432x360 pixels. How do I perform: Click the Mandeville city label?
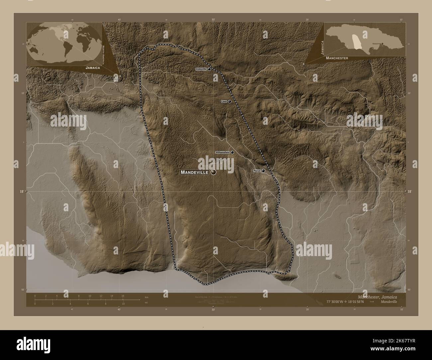pyautogui.click(x=194, y=172)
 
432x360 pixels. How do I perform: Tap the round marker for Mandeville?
pyautogui.click(x=213, y=172)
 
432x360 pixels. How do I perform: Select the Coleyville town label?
pyautogui.click(x=201, y=69)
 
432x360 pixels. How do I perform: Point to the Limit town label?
pyautogui.click(x=224, y=102)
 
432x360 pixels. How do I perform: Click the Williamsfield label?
pyautogui.click(x=222, y=152)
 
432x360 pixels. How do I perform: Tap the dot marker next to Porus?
pyautogui.click(x=264, y=171)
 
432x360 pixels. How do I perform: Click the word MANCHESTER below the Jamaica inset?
pyautogui.click(x=337, y=58)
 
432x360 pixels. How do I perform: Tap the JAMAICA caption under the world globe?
pyautogui.click(x=93, y=67)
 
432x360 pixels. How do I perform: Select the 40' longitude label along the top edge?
pyautogui.click(x=119, y=20)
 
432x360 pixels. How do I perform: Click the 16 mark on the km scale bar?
pyautogui.click(x=123, y=296)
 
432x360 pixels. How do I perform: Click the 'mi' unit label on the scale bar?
pyautogui.click(x=146, y=303)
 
